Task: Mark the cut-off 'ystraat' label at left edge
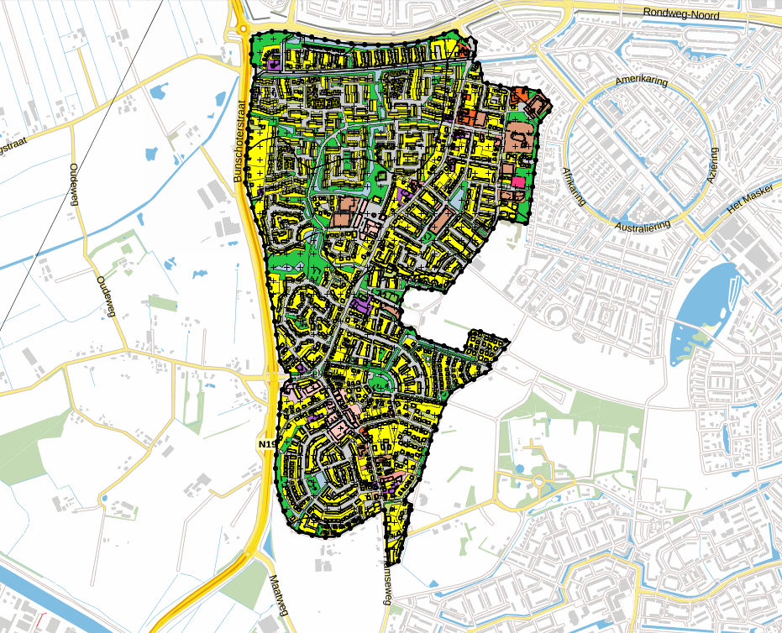[9, 144]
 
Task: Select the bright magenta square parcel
[517, 181]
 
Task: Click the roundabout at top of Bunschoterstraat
[243, 29]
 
